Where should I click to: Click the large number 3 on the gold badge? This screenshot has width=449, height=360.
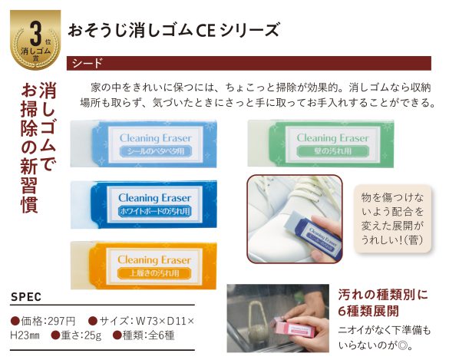point(35,35)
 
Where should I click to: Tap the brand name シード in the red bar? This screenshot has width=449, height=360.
point(87,63)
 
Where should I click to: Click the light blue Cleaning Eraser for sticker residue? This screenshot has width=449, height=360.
point(144,144)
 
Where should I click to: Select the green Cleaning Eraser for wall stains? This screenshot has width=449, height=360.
point(321,144)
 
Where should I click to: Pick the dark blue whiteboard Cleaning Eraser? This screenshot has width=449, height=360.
point(144,204)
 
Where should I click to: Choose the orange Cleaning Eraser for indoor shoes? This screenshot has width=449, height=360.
point(144,266)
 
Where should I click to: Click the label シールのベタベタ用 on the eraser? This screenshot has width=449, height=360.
point(156,151)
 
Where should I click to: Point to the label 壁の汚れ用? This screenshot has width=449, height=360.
point(332,151)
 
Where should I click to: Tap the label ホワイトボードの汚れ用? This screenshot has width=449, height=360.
point(155,211)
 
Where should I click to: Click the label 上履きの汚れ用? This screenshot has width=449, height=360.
point(154,273)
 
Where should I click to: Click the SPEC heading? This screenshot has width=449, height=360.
point(26,297)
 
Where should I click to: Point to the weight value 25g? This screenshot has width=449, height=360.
point(93,335)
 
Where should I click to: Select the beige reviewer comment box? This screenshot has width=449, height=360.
point(393,219)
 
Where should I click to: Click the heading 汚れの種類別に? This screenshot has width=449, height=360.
point(383,295)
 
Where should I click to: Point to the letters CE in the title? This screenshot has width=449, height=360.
point(205,31)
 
